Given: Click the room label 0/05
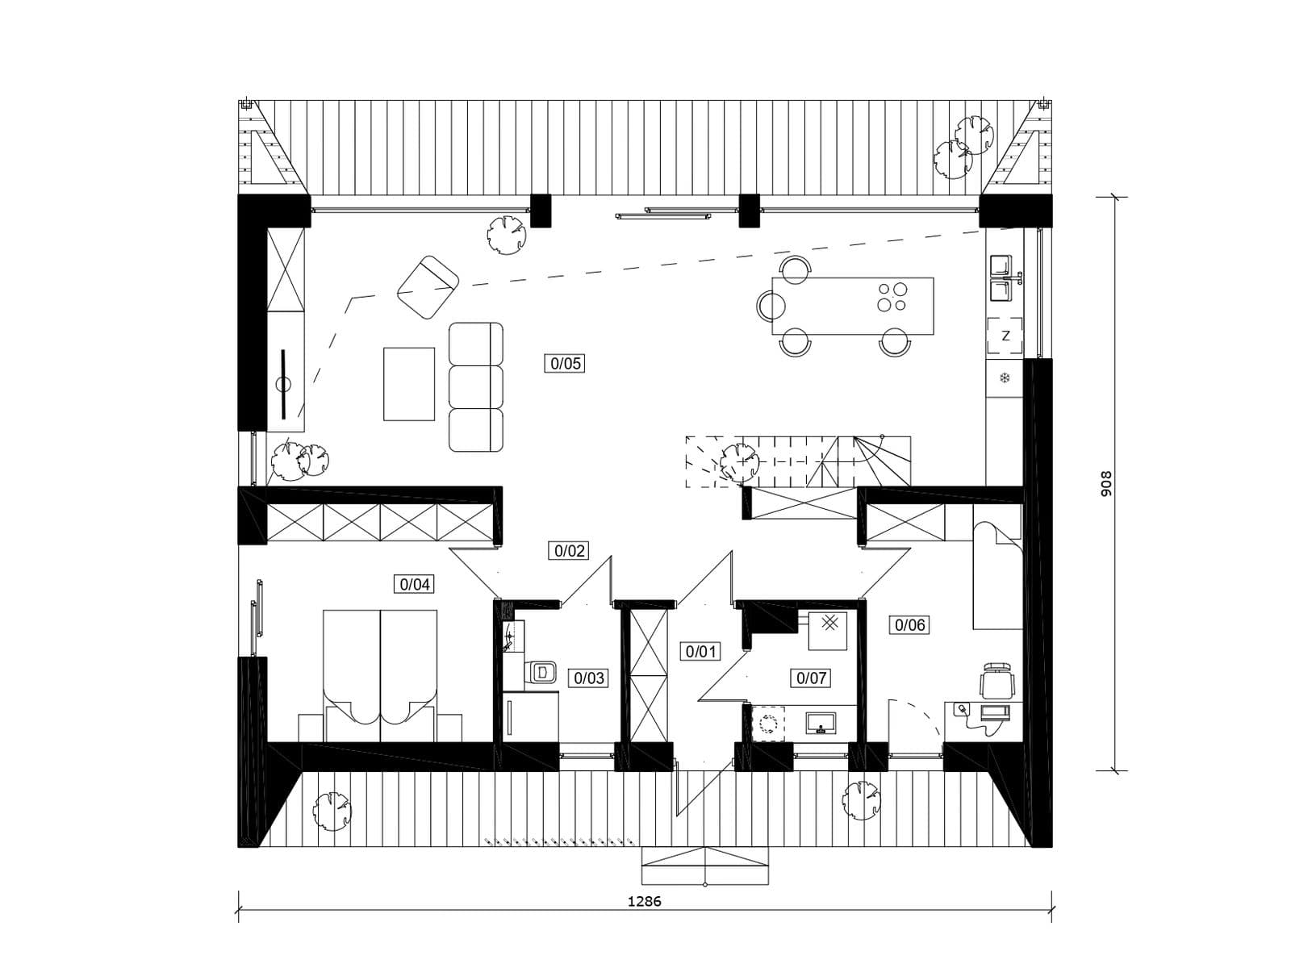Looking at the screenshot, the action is click(565, 364).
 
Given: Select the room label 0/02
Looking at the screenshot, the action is click(570, 551).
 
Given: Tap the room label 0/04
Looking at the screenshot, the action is click(415, 584).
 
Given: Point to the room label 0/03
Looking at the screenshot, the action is click(588, 678).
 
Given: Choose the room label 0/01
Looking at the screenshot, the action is click(700, 651).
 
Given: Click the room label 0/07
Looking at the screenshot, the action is click(811, 678).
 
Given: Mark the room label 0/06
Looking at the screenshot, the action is click(910, 624).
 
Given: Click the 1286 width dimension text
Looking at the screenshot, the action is click(644, 901).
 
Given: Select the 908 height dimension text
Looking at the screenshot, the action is click(1105, 484).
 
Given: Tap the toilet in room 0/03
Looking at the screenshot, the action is click(541, 671).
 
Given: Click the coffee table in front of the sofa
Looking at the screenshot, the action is click(409, 384).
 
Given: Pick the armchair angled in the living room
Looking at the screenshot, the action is click(428, 287).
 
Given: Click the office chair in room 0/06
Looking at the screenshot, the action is click(997, 681).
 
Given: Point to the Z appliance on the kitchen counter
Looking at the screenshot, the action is click(1005, 336).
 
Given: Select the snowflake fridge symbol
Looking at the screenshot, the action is click(1005, 378).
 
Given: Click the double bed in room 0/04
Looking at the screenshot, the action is click(380, 675).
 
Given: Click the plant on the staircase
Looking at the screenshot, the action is click(738, 461).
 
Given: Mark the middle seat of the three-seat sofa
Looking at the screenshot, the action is click(476, 386).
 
